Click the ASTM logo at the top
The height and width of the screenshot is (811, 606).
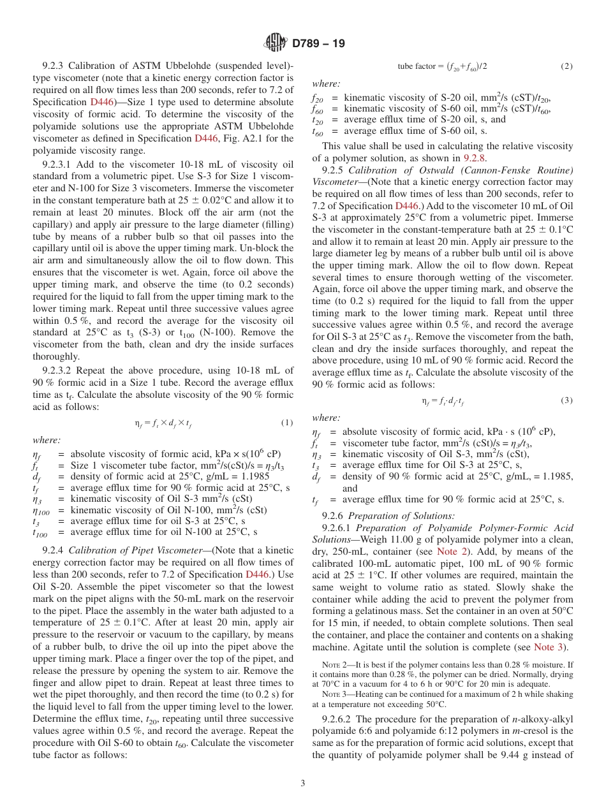[276, 43]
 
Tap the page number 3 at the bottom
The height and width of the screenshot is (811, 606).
[303, 784]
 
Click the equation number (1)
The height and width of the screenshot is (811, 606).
[287, 423]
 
